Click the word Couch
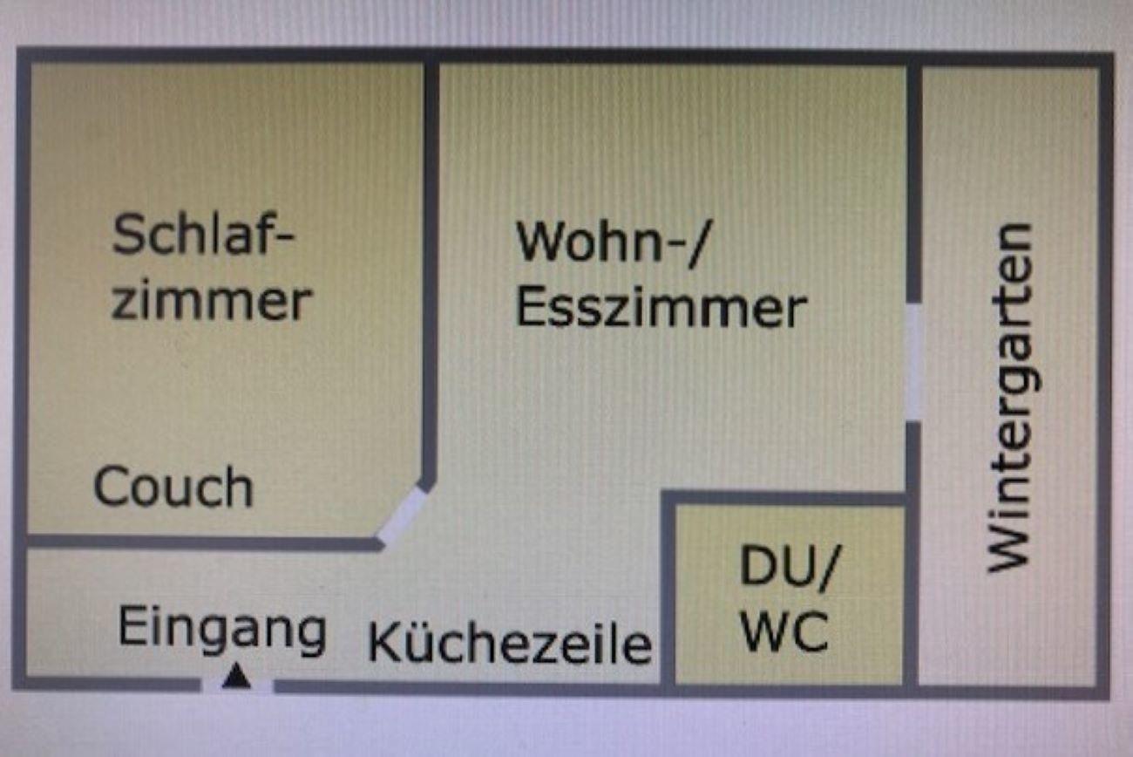[x=173, y=488]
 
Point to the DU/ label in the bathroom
[x=786, y=569]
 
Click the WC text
[x=784, y=634]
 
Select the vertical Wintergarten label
[x=1010, y=397]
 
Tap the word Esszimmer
[x=661, y=309]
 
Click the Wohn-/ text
[x=613, y=242]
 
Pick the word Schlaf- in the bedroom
[x=204, y=235]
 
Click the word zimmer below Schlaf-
[x=212, y=301]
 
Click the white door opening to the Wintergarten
[x=913, y=362]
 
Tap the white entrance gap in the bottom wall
[x=237, y=686]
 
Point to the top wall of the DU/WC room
[x=784, y=498]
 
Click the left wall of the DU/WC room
[x=668, y=593]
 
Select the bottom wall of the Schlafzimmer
[x=200, y=542]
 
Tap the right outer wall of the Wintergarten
[x=1103, y=375]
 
